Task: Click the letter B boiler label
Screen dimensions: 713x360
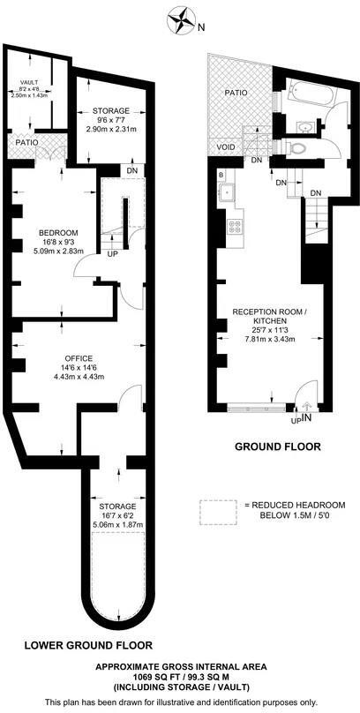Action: (221, 176)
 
